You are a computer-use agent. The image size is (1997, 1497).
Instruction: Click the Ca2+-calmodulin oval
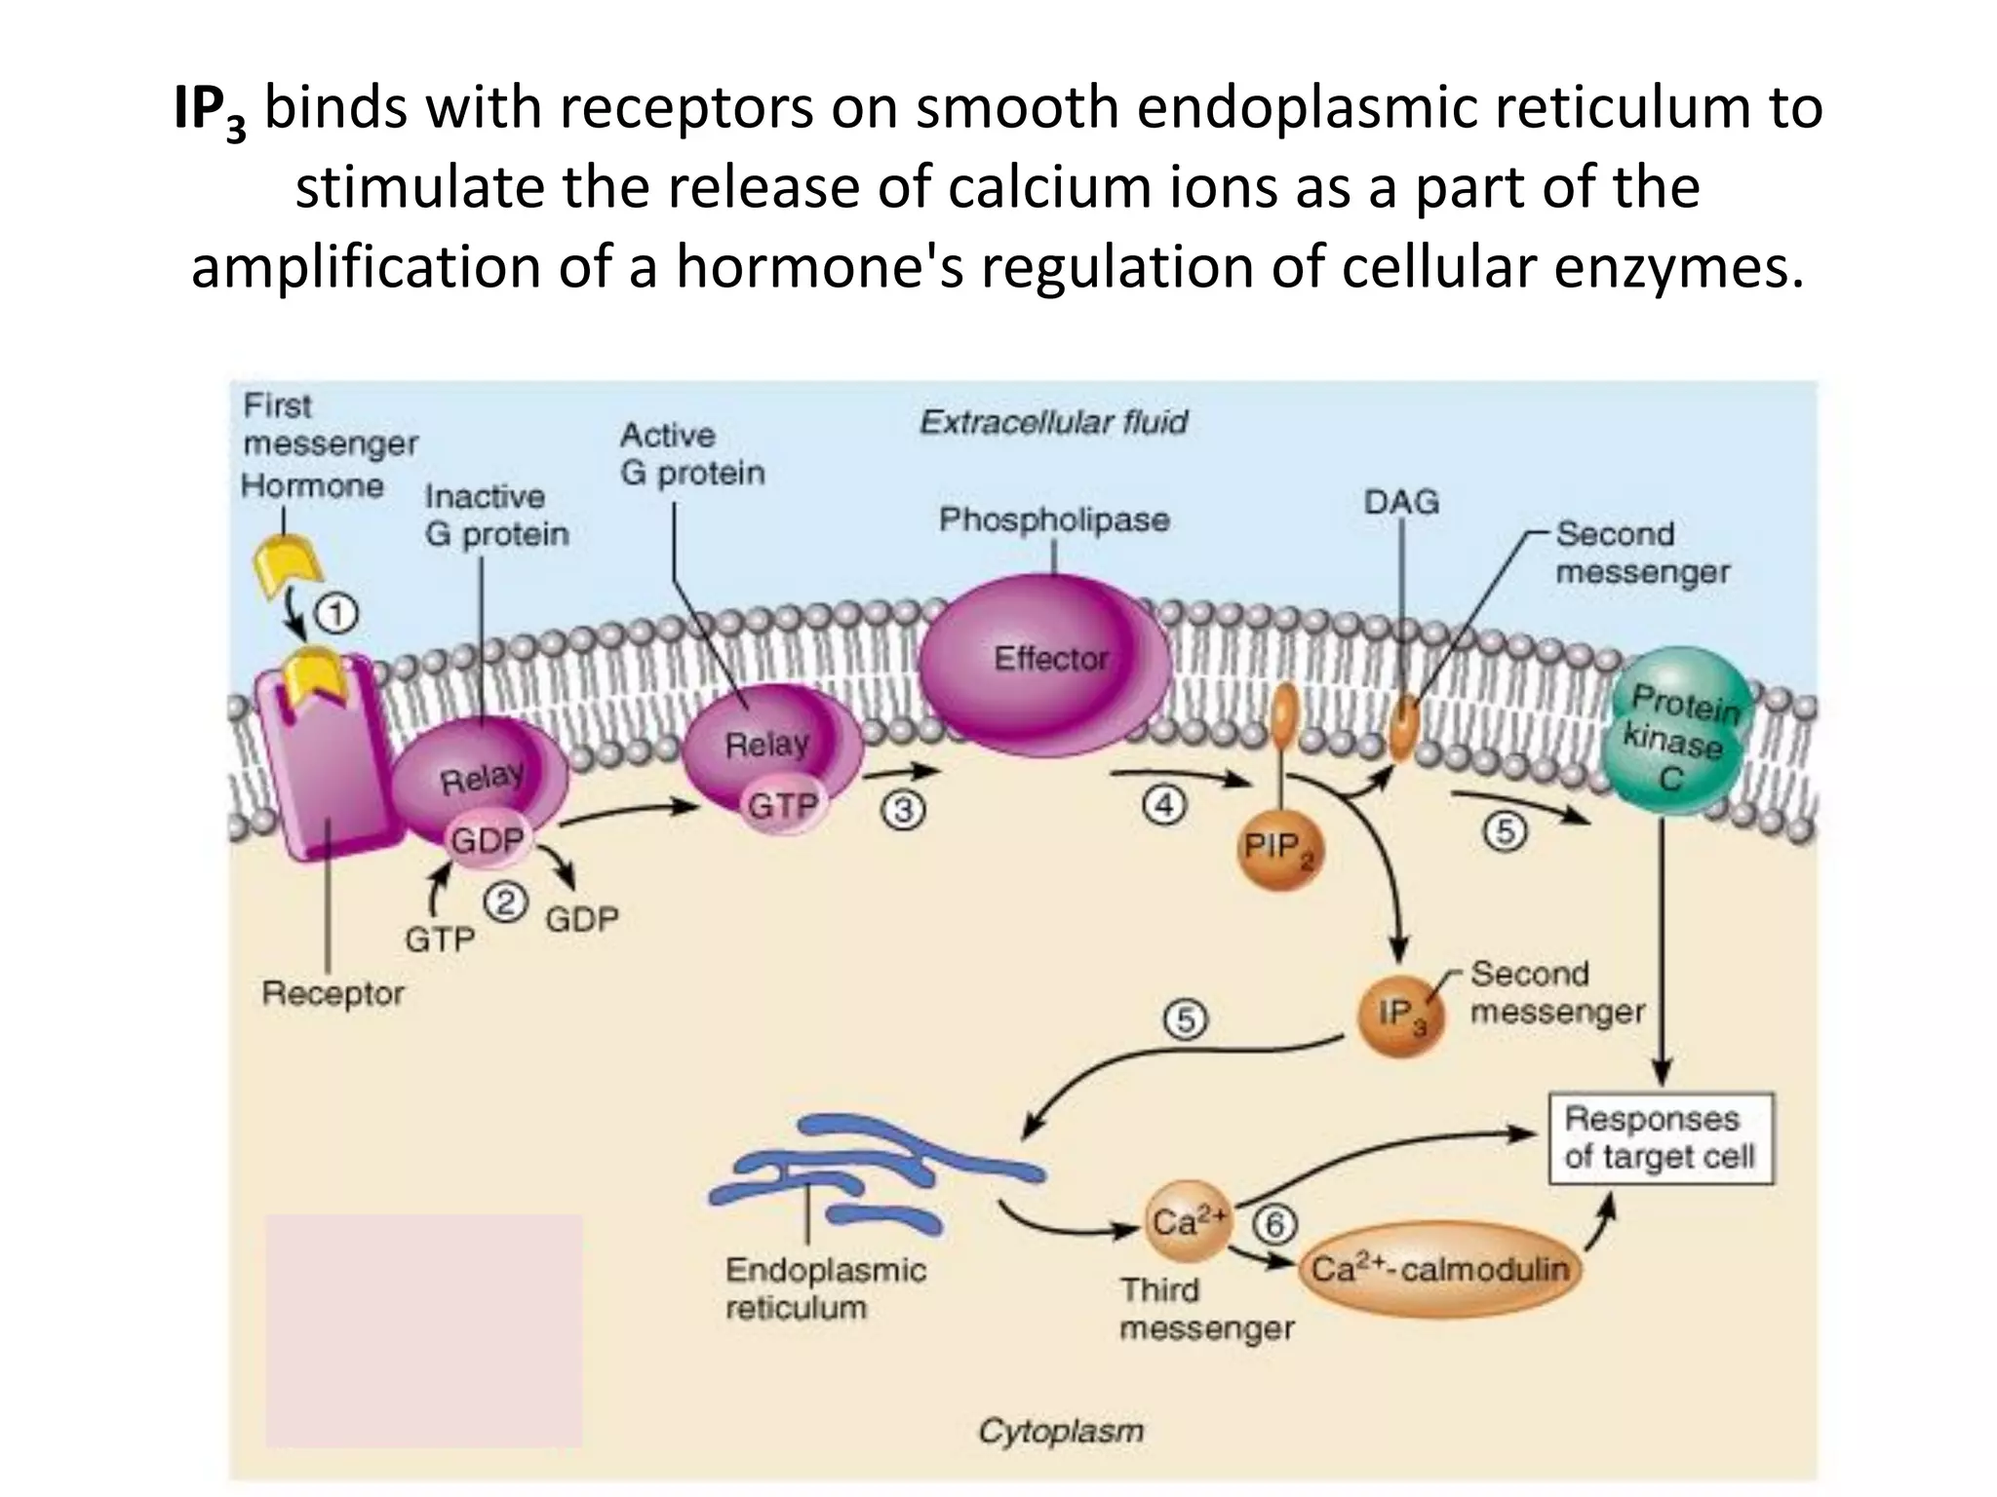pyautogui.click(x=1439, y=1269)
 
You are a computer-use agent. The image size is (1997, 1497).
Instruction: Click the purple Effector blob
pyautogui.click(x=1045, y=659)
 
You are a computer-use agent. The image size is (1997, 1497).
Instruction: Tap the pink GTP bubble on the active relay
pyautogui.click(x=782, y=806)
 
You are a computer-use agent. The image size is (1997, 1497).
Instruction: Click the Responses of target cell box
pyautogui.click(x=1661, y=1138)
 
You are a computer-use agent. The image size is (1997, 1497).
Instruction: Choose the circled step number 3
pyautogui.click(x=904, y=811)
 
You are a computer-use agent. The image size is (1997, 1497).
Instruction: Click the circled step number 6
pyautogui.click(x=1276, y=1224)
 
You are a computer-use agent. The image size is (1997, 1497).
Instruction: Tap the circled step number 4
pyautogui.click(x=1164, y=806)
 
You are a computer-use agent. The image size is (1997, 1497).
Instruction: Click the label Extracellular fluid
pyautogui.click(x=1053, y=422)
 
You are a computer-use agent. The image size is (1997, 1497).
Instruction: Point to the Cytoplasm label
pyautogui.click(x=1060, y=1431)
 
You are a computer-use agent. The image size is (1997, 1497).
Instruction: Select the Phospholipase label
pyautogui.click(x=1053, y=519)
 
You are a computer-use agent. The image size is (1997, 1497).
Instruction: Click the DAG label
pyautogui.click(x=1401, y=502)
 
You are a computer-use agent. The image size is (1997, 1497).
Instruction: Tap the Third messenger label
pyautogui.click(x=1205, y=1309)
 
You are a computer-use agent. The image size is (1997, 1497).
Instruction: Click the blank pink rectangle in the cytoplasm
pyautogui.click(x=423, y=1330)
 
